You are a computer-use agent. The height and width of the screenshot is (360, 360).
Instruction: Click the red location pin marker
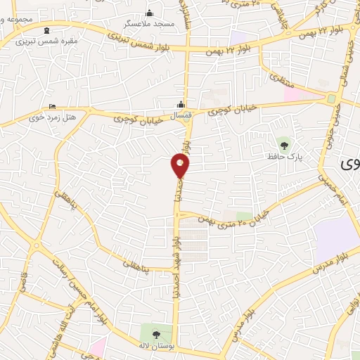(180, 166)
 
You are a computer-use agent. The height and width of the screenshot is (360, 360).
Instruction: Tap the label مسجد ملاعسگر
(150, 24)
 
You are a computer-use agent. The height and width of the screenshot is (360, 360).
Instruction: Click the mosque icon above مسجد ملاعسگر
(149, 13)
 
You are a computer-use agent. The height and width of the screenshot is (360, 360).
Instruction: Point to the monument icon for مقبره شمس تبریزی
(47, 30)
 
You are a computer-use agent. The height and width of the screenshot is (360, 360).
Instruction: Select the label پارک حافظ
(284, 157)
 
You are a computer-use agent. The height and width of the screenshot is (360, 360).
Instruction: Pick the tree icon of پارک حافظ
(284, 145)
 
